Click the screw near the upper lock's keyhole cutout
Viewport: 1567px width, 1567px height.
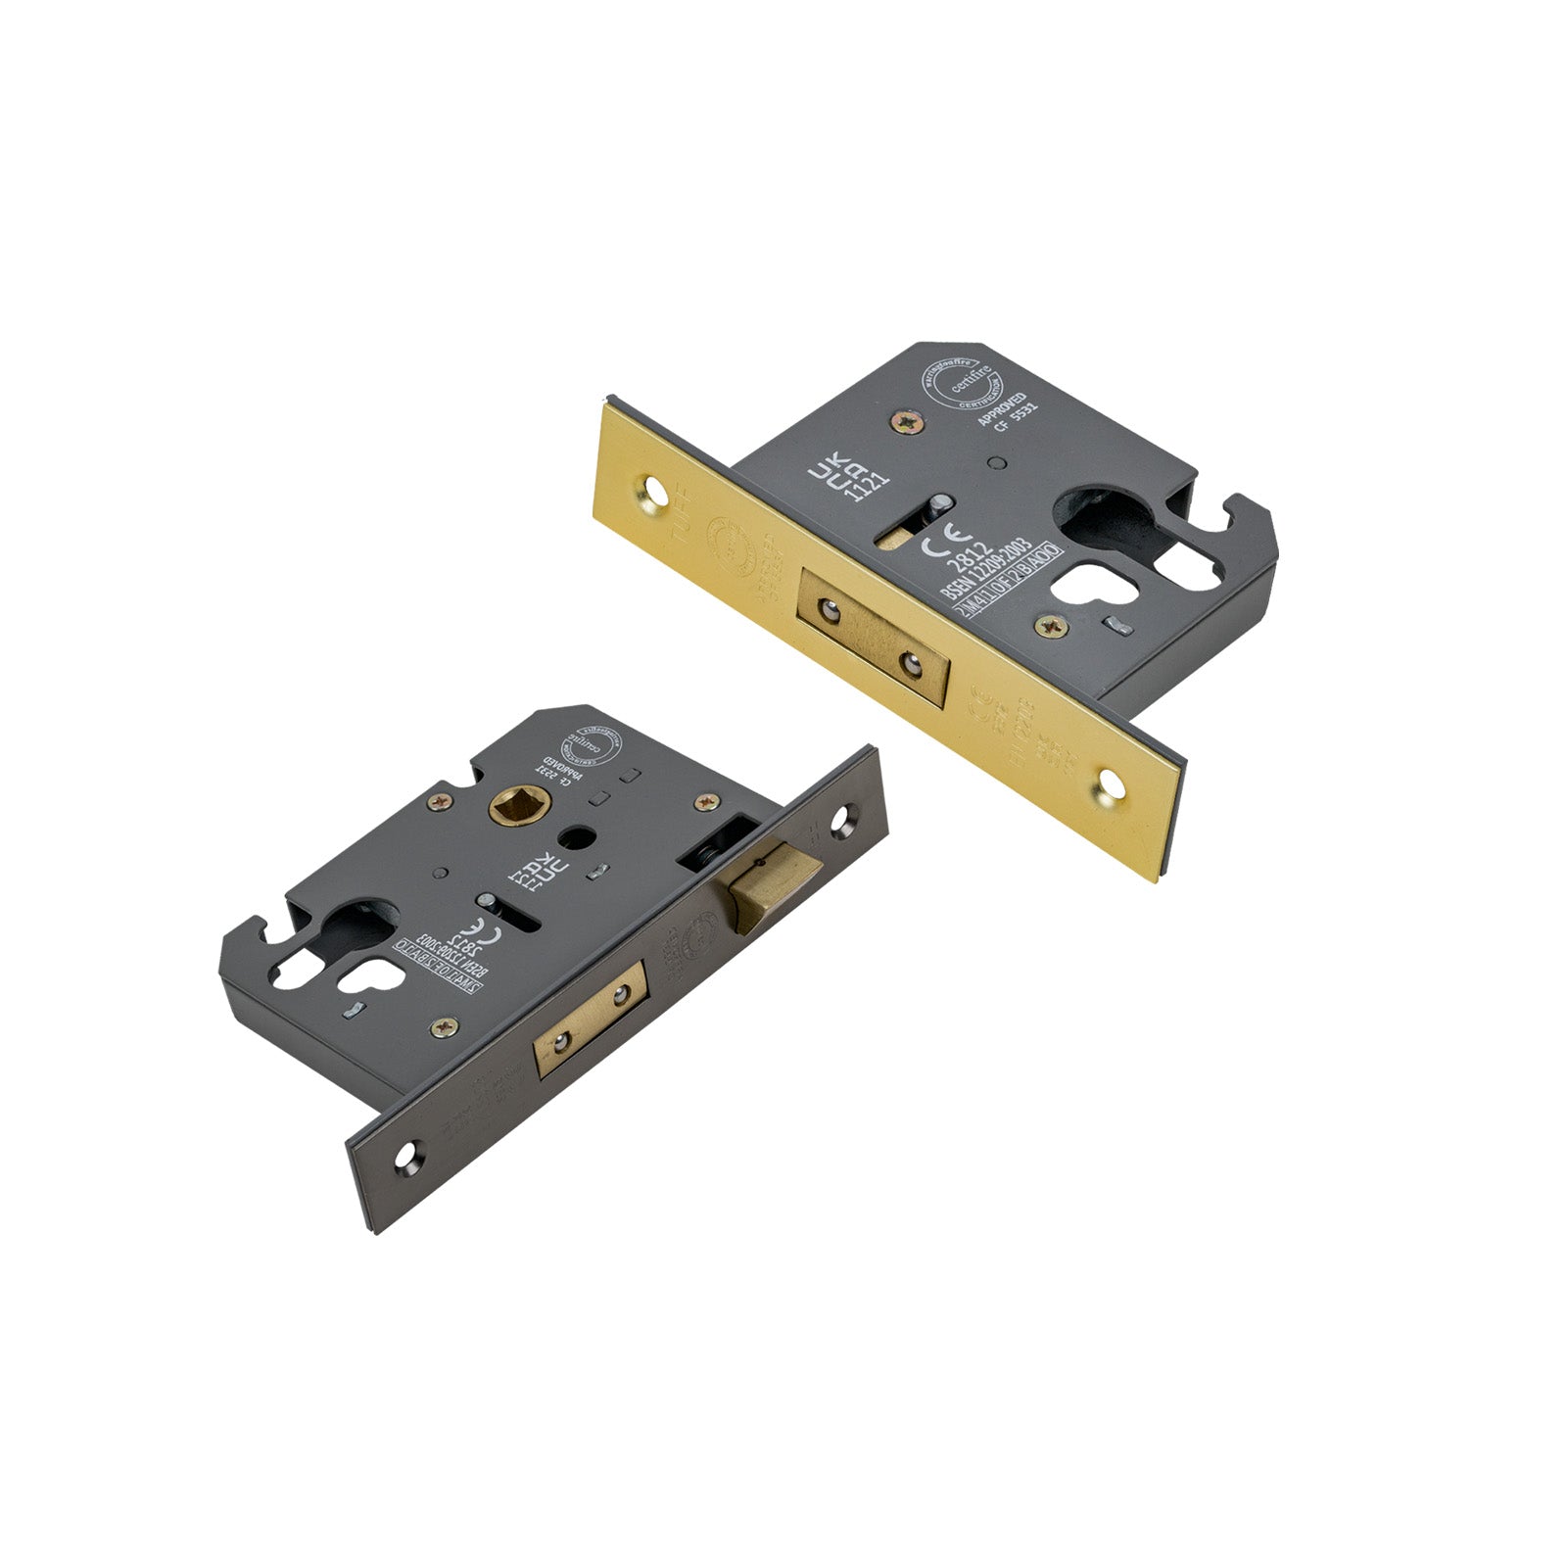pos(1054,621)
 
